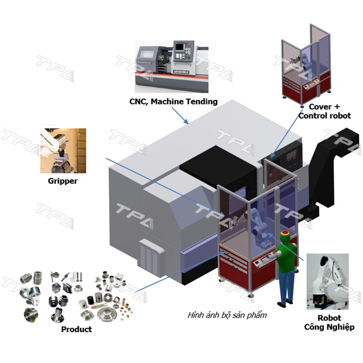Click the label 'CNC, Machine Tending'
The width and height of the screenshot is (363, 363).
(173, 102)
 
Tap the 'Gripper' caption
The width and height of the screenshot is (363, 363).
(62, 180)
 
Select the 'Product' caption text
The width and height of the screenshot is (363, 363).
(76, 329)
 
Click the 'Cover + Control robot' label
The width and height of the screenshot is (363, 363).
(324, 111)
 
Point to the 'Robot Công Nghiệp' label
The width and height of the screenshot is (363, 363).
(329, 322)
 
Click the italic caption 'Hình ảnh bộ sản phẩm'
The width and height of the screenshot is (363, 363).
(227, 315)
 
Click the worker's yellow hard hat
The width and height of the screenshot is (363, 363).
(285, 233)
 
